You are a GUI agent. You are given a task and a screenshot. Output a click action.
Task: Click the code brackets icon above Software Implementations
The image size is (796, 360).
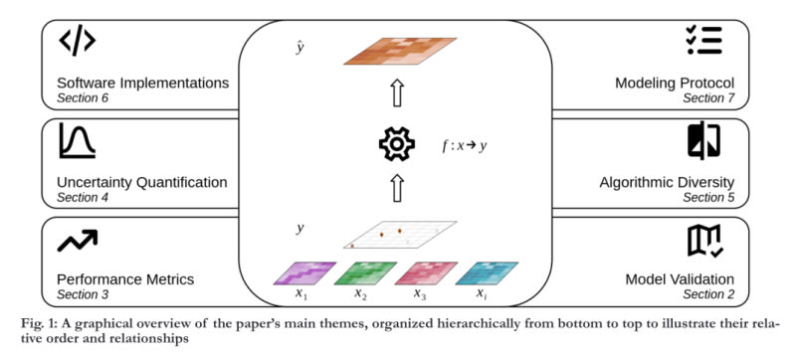click(78, 42)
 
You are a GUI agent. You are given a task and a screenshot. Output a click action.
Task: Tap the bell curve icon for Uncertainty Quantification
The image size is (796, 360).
click(77, 140)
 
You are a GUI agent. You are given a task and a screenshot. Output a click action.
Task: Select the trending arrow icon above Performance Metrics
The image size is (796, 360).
click(78, 240)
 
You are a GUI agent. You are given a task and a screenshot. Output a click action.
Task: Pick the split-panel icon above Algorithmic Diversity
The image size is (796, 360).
click(704, 140)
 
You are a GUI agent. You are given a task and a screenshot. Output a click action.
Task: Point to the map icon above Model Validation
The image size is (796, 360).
click(705, 241)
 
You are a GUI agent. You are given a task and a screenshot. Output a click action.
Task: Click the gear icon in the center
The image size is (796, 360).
click(397, 144)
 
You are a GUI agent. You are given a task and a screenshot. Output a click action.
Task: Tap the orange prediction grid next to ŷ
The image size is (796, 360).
click(400, 51)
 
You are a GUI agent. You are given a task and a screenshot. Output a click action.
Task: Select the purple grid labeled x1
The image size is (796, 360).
click(304, 273)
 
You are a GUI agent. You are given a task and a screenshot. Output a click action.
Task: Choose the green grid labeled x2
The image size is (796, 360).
click(365, 273)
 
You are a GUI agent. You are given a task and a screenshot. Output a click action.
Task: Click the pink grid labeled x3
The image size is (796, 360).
click(426, 273)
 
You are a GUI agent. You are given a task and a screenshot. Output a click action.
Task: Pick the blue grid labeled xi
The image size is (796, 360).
click(487, 273)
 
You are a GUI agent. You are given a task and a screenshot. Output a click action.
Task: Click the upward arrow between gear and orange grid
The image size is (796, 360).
click(397, 93)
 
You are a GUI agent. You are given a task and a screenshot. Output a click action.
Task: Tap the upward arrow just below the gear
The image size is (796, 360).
click(397, 188)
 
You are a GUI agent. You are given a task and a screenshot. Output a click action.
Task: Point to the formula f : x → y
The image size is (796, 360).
click(464, 146)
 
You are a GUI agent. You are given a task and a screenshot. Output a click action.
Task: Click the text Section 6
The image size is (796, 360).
click(83, 97)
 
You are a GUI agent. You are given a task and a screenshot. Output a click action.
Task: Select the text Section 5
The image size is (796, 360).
click(708, 197)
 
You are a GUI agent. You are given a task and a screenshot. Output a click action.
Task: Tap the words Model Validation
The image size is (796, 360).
click(680, 278)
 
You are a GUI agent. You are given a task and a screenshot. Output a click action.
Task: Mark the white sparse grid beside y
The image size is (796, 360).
click(400, 235)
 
